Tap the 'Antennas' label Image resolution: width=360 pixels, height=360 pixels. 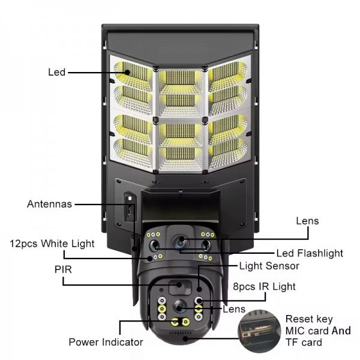point(49,204)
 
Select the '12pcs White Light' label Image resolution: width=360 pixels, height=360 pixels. point(52,244)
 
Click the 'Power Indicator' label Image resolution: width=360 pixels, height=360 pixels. point(106,342)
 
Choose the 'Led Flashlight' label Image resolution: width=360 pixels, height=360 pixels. point(310,253)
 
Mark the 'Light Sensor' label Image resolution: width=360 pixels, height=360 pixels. point(269,265)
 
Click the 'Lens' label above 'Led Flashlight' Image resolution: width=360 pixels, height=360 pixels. point(307,221)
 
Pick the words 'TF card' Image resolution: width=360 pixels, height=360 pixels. point(303,343)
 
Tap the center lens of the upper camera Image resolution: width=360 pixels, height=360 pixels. point(179,243)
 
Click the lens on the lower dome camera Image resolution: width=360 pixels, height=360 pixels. point(179,307)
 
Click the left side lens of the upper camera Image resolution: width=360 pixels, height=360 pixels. point(155,245)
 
